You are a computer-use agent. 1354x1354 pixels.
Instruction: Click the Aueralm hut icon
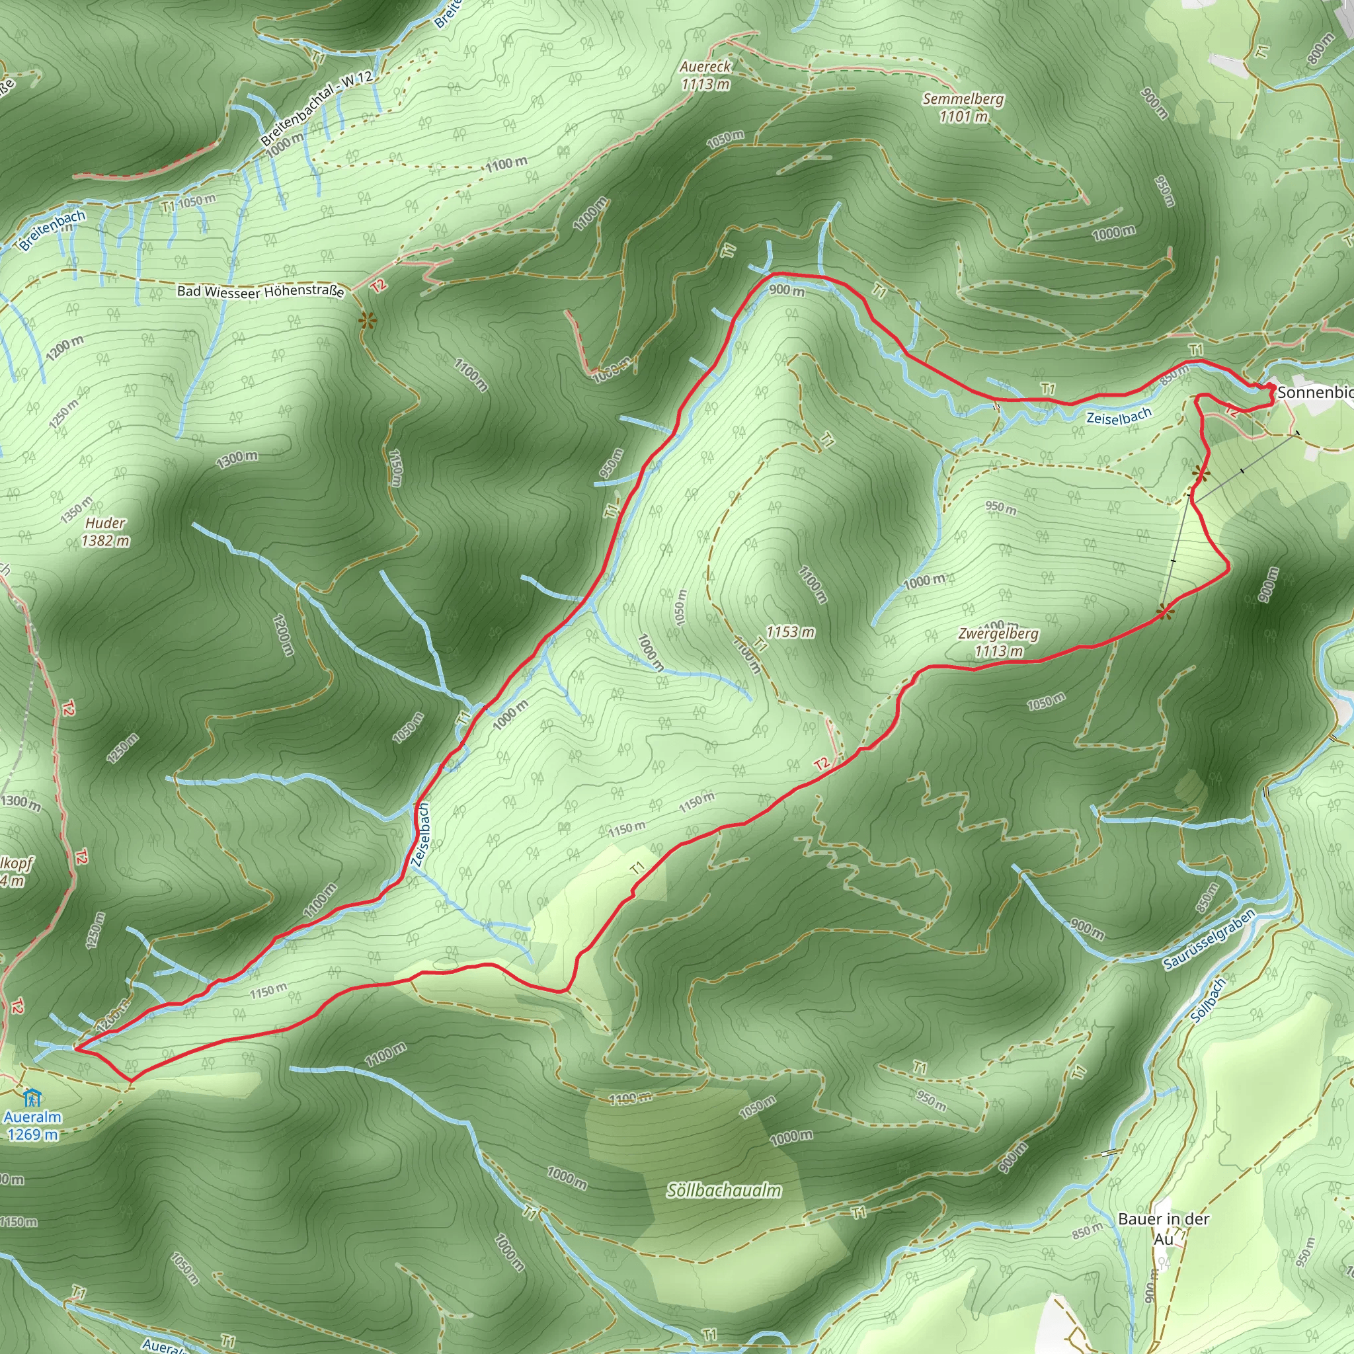pyautogui.click(x=32, y=1097)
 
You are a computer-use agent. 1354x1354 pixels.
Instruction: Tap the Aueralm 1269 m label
pyautogui.click(x=32, y=1125)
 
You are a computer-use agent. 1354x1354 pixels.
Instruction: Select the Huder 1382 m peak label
pyautogui.click(x=105, y=532)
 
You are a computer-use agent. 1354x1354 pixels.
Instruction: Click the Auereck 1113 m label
pyautogui.click(x=705, y=75)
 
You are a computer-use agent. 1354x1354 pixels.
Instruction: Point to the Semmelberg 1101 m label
pyautogui.click(x=963, y=107)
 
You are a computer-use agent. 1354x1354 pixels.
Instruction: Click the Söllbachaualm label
pyautogui.click(x=724, y=1191)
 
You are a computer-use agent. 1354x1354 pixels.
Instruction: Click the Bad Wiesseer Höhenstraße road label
pyautogui.click(x=260, y=291)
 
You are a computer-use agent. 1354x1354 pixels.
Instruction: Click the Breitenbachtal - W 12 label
pyautogui.click(x=317, y=108)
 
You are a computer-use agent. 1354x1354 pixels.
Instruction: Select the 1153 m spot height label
pyautogui.click(x=790, y=631)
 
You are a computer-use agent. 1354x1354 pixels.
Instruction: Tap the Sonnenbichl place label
pyautogui.click(x=1315, y=393)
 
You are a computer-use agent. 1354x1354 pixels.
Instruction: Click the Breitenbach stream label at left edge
pyautogui.click(x=53, y=231)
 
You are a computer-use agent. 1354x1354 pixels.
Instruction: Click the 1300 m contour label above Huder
pyautogui.click(x=236, y=459)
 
